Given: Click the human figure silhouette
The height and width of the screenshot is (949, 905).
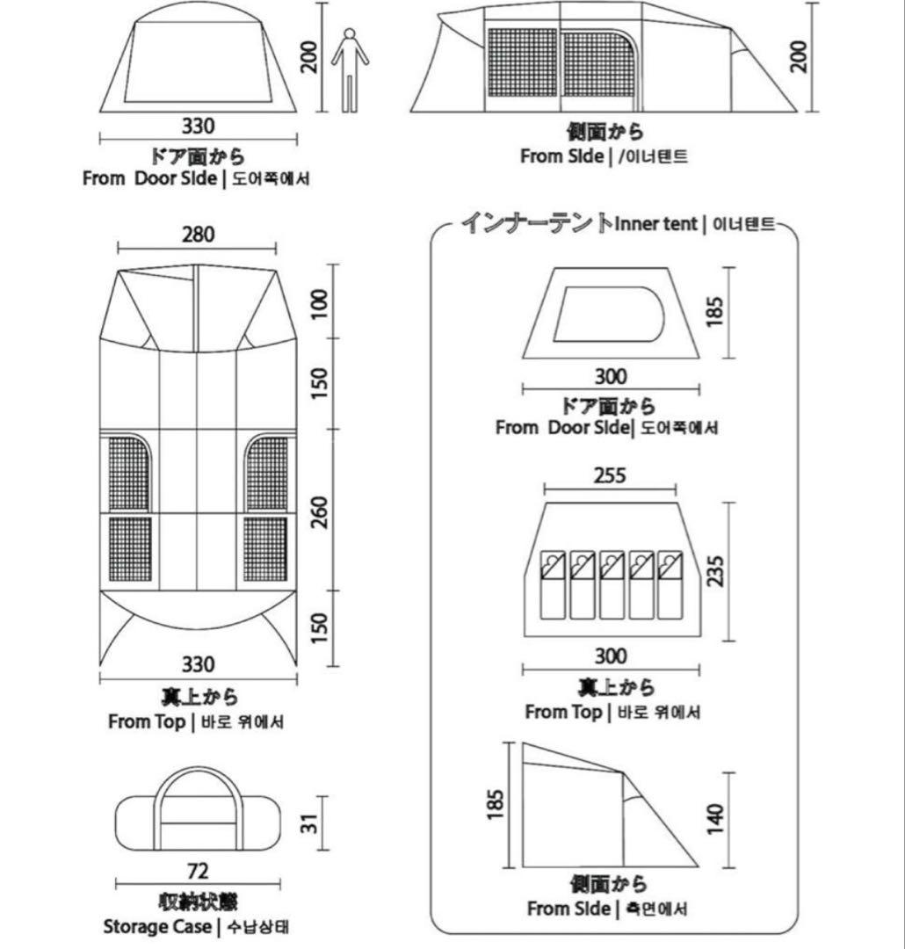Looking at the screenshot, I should click(350, 70).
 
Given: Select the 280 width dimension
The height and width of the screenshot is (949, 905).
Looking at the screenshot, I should click(198, 235).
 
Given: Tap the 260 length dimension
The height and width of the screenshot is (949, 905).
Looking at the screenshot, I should click(319, 512).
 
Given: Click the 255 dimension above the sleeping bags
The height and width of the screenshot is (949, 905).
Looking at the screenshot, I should click(610, 475).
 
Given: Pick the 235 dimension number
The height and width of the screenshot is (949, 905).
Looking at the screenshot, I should click(716, 569).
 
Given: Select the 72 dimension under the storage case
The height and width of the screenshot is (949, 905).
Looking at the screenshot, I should click(198, 871).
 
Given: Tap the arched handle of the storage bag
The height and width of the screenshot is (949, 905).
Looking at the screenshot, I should click(198, 778).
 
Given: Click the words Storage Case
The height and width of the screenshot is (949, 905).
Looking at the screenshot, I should click(156, 926).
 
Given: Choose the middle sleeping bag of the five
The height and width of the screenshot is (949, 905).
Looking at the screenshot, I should click(612, 584).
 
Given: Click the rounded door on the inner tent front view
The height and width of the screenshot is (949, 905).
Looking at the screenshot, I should click(608, 314).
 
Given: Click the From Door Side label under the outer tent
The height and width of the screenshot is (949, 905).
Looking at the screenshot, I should click(149, 178).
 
